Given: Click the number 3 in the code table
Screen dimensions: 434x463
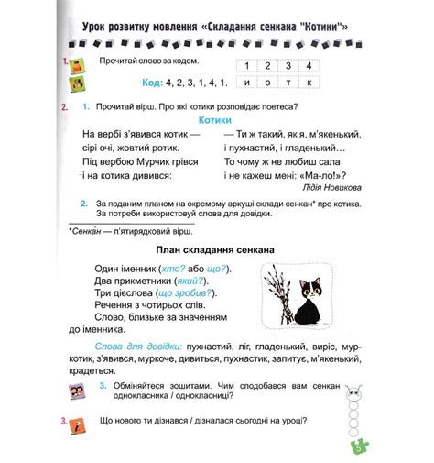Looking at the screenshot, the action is click(291, 65).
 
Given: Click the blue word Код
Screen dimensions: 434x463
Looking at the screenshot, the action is click(153, 82).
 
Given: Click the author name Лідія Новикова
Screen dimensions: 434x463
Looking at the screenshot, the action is click(321, 186).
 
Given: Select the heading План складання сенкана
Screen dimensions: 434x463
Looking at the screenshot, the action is click(216, 249).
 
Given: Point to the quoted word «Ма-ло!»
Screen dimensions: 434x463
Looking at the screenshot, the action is click(320, 173).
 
